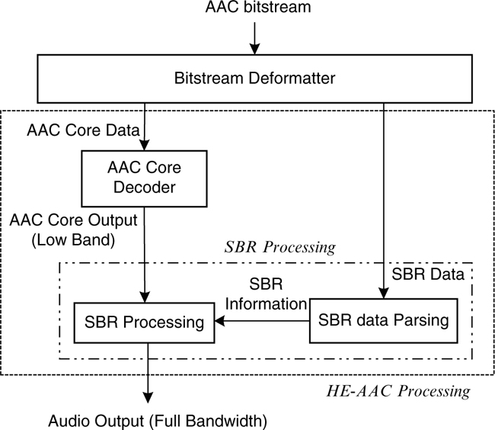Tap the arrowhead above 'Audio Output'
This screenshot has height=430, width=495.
145,398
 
